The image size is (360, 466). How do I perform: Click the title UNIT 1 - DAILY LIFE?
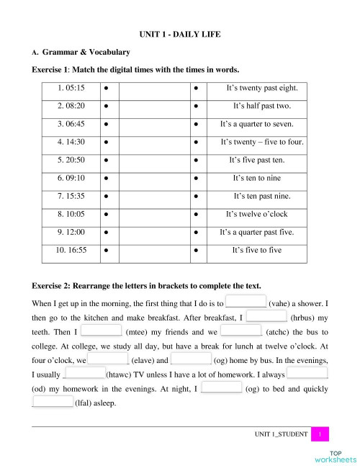point(179,34)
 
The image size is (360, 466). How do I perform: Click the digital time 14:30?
point(71,142)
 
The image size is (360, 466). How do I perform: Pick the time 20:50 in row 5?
point(71,160)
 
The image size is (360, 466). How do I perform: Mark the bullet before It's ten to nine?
point(196,178)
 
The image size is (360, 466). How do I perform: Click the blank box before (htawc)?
point(84,374)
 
